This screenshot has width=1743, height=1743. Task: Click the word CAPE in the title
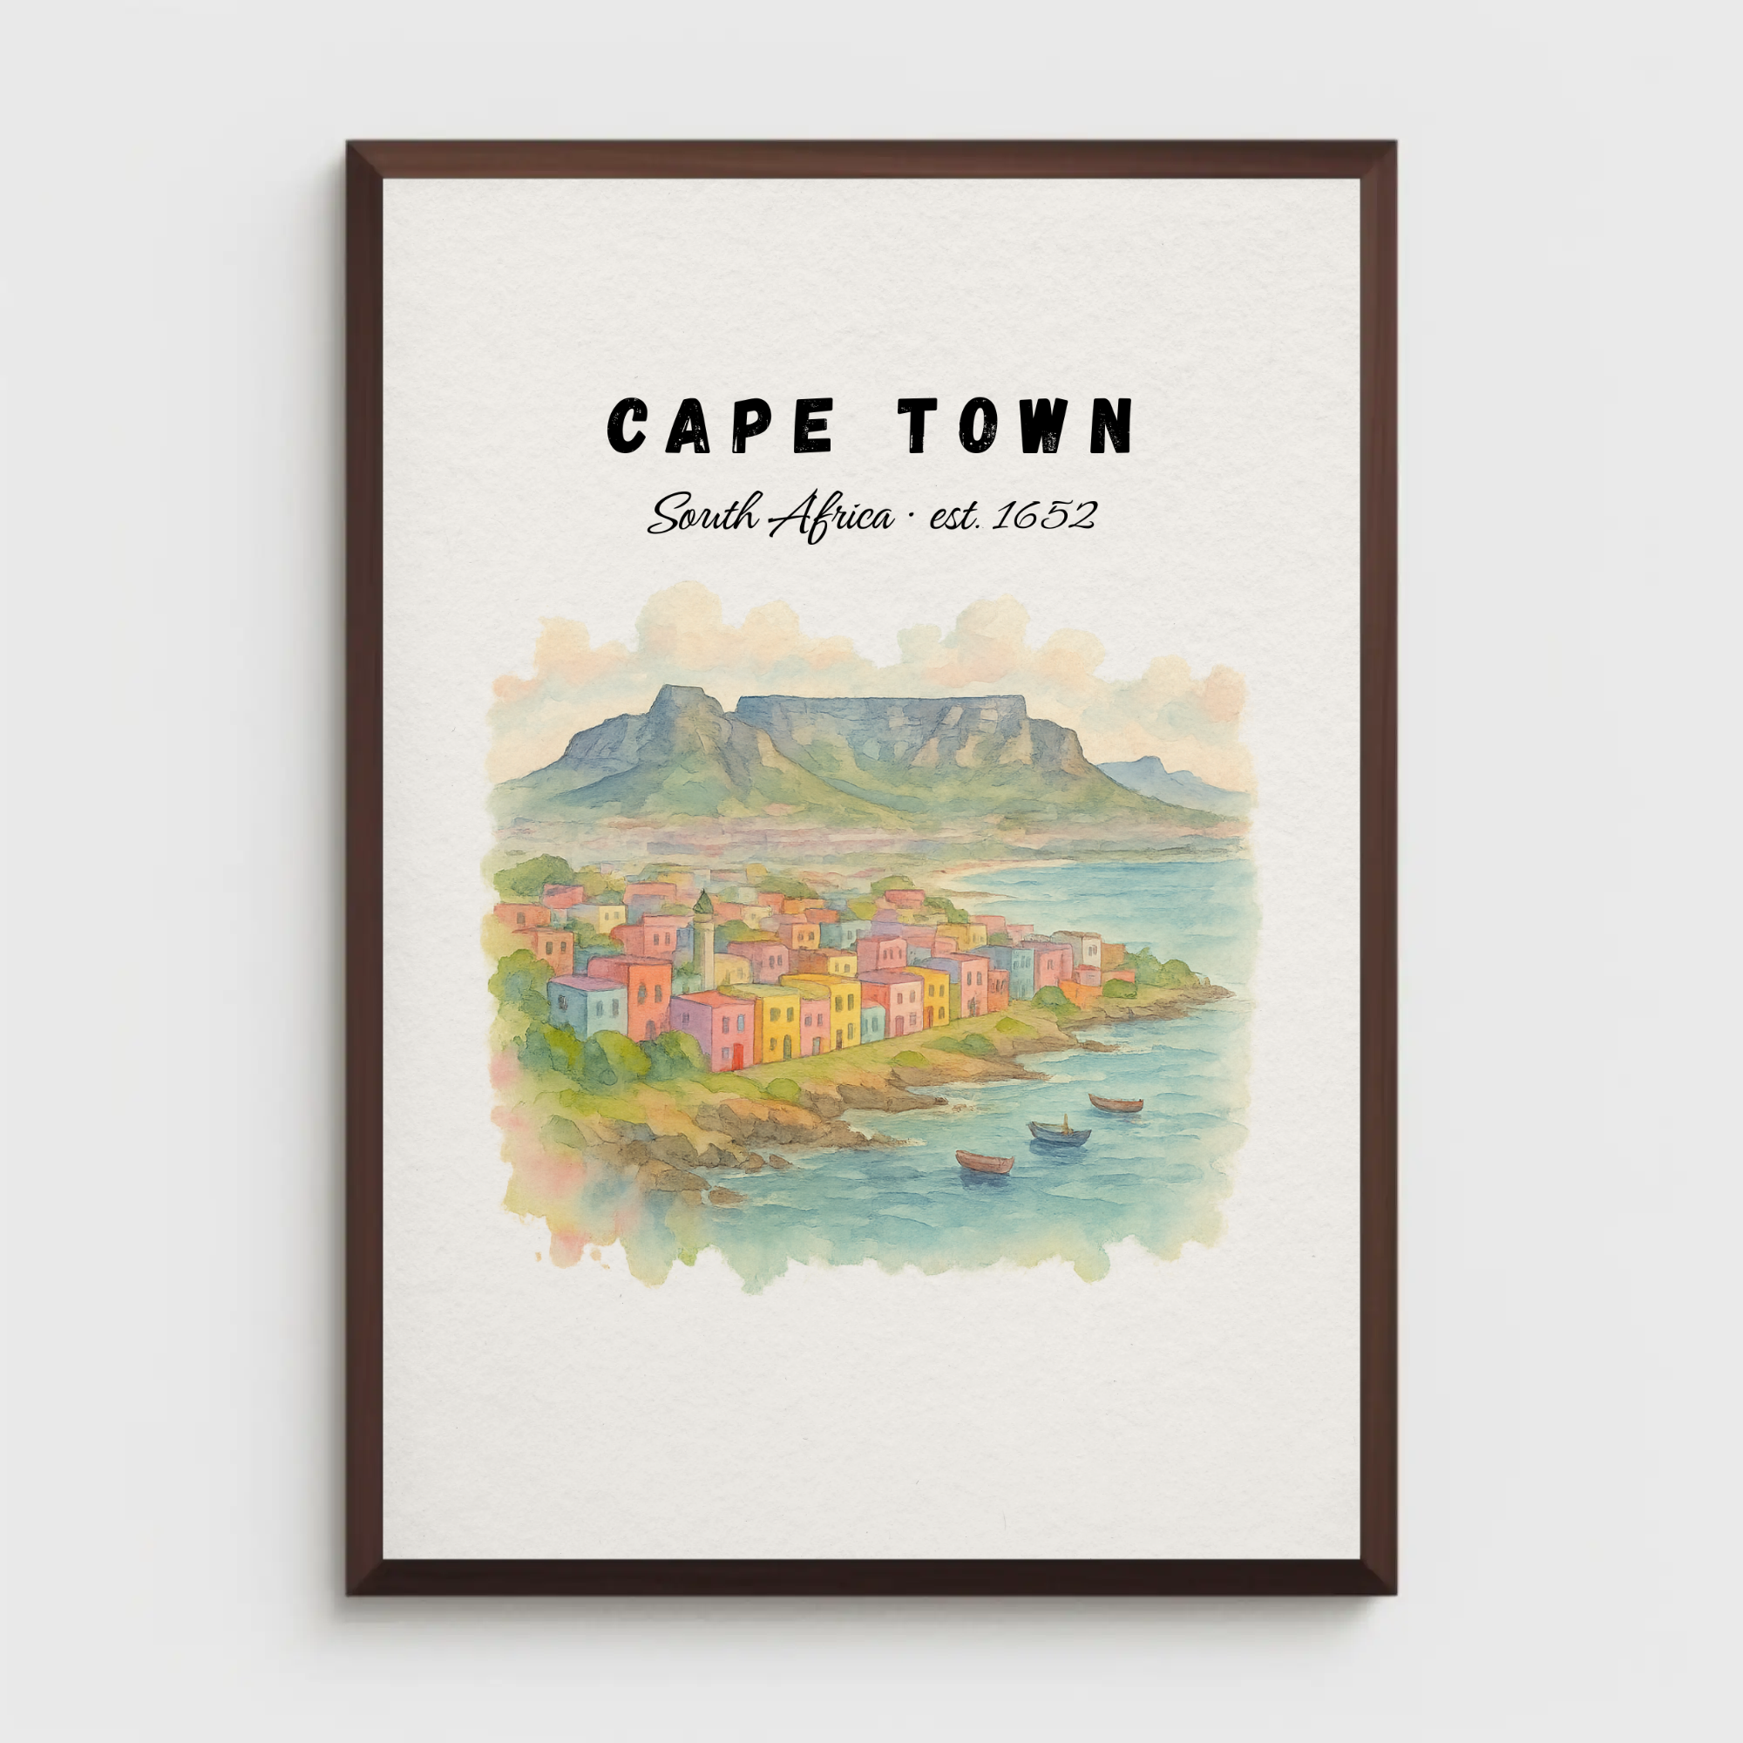[719, 425]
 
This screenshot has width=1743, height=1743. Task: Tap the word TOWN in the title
[1015, 425]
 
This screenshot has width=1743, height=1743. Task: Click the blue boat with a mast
[1059, 1133]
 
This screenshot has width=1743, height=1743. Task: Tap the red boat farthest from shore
[1116, 1103]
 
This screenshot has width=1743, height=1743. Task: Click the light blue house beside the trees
[587, 1006]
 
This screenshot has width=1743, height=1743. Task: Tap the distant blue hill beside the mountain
[1146, 771]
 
